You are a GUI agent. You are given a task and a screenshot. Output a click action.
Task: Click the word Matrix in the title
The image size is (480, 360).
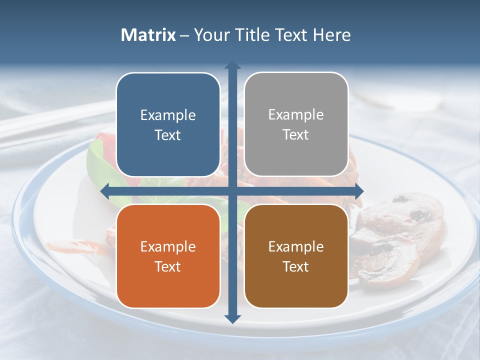pyautogui.click(x=148, y=35)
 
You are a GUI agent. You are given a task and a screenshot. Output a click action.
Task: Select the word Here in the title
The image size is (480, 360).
pyautogui.click(x=331, y=35)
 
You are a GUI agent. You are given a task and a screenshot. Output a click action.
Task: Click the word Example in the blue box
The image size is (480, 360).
pyautogui.click(x=168, y=115)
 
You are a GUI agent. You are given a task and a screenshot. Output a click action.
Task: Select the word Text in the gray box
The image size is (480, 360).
pyautogui.click(x=296, y=134)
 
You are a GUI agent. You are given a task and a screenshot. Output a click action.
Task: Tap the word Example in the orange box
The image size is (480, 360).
pyautogui.click(x=168, y=246)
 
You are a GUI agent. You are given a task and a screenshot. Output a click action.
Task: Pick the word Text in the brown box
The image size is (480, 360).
pyautogui.click(x=296, y=266)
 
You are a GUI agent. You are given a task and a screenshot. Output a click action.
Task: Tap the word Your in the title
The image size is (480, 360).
pyautogui.click(x=210, y=35)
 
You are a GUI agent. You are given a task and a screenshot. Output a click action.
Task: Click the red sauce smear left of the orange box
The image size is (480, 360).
pyautogui.click(x=75, y=246)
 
